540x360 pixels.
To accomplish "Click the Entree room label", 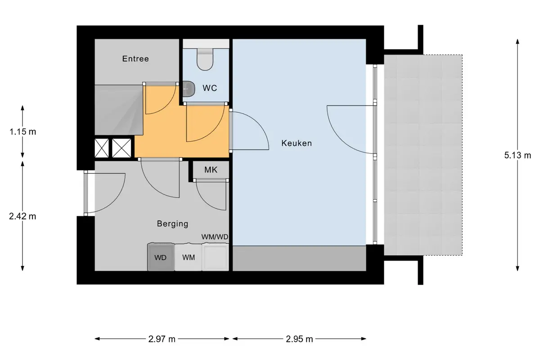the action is (x=135, y=58).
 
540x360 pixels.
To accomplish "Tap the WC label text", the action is (x=210, y=88).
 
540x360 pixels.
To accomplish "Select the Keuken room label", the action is (x=297, y=143).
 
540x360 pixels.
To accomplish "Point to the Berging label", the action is (x=172, y=224).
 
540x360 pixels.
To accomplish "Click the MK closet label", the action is (x=211, y=170).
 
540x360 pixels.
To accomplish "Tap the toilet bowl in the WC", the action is (x=205, y=59).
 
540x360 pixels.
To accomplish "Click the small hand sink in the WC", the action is (x=189, y=89).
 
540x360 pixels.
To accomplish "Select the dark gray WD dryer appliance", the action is (x=161, y=257).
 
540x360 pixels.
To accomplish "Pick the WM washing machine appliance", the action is (x=188, y=257).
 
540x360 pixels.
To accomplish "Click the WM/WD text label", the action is (x=215, y=237).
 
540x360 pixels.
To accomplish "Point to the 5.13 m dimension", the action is (x=517, y=155).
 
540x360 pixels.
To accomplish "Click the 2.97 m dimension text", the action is (x=162, y=339).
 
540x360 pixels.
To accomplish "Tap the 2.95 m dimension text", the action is (x=299, y=339).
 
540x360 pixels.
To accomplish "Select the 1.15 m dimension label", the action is (x=22, y=132).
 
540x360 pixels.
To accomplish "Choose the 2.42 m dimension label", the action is (x=22, y=216).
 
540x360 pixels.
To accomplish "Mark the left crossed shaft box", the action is (x=102, y=148).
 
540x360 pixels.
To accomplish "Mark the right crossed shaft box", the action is (x=121, y=148).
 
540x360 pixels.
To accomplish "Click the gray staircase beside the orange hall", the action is (x=119, y=110).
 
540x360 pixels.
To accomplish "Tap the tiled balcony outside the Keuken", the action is (x=423, y=155).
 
